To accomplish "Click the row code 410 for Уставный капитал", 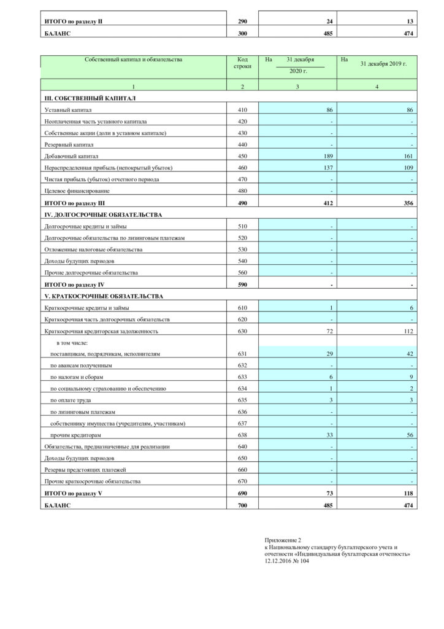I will [242, 109].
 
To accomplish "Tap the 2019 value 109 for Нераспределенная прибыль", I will [409, 168].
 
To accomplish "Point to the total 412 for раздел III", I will [327, 203].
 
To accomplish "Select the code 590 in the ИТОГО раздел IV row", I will [242, 284].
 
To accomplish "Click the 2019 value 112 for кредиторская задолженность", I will [408, 331].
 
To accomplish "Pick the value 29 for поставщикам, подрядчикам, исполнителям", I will [329, 354].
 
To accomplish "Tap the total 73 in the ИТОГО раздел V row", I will [329, 493].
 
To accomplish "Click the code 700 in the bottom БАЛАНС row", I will [242, 505].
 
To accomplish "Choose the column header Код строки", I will [242, 63].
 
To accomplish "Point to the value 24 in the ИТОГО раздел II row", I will [329, 21].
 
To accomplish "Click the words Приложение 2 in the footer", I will [283, 539].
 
